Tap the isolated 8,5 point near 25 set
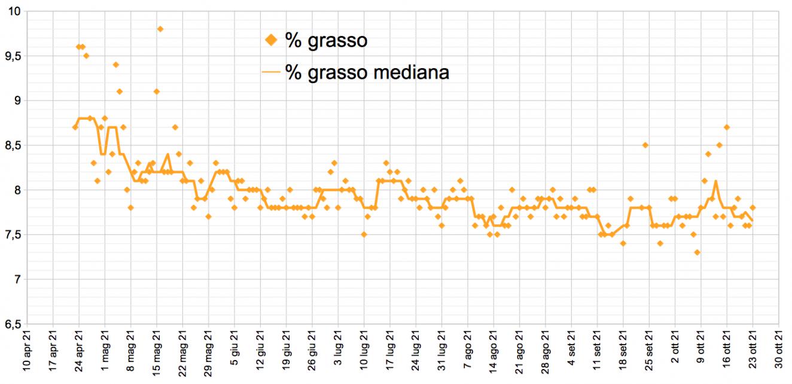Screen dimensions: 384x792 (x=645, y=145)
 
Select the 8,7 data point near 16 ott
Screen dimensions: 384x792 (x=726, y=127)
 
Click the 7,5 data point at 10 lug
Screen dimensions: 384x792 (x=364, y=234)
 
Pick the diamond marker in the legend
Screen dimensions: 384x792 (x=271, y=40)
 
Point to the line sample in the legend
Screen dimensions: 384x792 (x=271, y=72)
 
